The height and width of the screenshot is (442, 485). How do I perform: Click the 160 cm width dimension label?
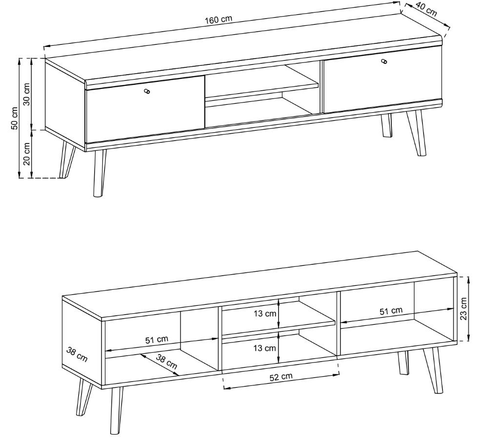point(219,20)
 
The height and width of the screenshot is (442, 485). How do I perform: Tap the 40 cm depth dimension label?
point(427,10)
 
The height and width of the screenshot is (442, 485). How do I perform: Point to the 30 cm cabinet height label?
point(27,94)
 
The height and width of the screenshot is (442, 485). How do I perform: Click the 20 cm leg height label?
point(27,154)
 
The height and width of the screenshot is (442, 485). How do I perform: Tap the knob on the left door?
point(147,91)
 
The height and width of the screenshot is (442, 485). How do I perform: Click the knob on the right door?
point(384,61)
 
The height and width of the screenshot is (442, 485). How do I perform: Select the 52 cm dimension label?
point(281,377)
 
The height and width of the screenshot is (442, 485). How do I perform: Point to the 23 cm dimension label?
point(464,309)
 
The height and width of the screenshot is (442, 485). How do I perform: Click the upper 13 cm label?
point(265,314)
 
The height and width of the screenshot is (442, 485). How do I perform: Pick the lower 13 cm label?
point(264,348)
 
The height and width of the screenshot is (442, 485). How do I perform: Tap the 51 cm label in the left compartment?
point(157,340)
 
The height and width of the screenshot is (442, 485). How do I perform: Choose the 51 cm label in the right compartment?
point(391,311)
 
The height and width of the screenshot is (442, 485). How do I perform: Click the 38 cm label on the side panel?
point(77,355)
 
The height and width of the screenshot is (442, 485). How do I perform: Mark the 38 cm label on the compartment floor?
point(166,362)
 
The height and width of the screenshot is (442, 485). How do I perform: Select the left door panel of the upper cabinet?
point(145,109)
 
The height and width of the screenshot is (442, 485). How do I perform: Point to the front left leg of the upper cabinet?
point(99,173)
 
